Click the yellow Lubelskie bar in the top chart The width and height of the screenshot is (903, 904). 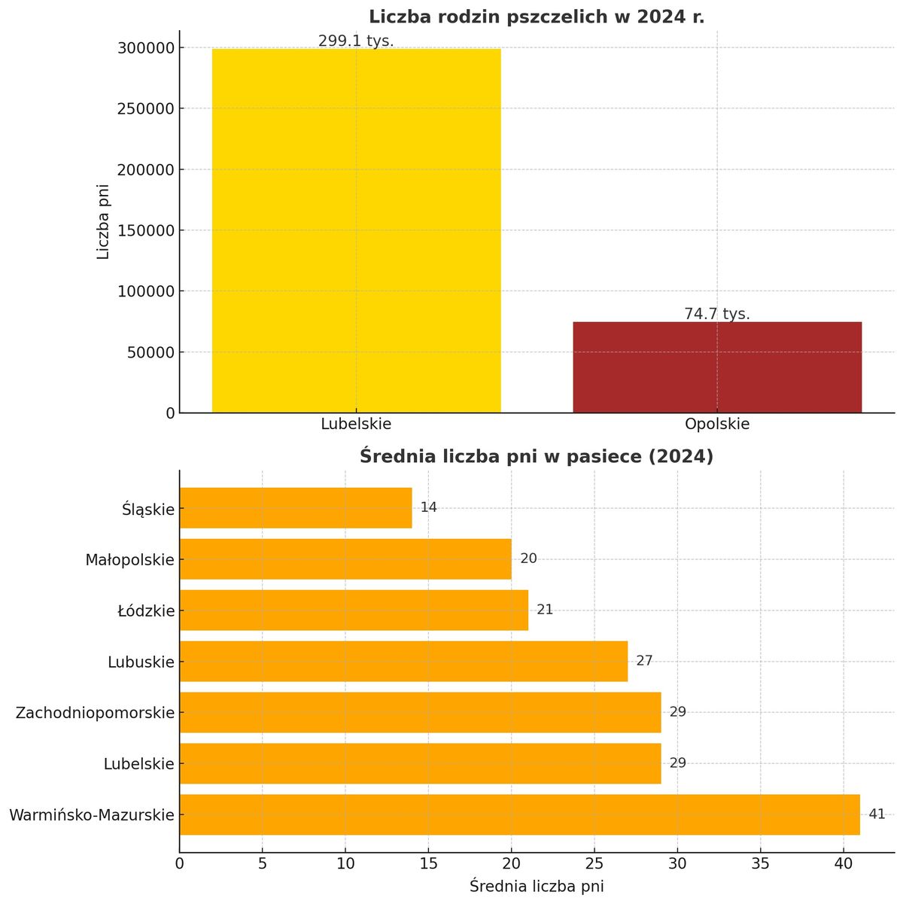point(356,230)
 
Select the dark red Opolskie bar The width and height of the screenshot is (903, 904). point(716,367)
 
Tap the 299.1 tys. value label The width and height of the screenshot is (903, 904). point(356,41)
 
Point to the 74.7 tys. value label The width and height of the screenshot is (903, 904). point(716,314)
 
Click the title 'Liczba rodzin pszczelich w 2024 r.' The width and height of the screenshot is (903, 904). point(537,17)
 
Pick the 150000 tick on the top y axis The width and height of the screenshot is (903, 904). point(147,230)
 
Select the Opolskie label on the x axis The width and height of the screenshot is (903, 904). point(716,424)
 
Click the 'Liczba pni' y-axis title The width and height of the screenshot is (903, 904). point(103,222)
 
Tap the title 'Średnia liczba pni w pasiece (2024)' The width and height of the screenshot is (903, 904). point(537,456)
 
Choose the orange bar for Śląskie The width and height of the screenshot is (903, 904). point(296,508)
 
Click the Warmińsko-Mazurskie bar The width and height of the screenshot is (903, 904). point(519,814)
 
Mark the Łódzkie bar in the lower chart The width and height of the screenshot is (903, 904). point(354,610)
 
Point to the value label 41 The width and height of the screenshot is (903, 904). point(877,814)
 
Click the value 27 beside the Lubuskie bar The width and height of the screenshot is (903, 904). point(644,661)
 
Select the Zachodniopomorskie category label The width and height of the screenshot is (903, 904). point(95,713)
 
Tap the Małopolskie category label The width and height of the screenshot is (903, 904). point(129,560)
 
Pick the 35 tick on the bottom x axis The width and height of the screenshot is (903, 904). point(760,863)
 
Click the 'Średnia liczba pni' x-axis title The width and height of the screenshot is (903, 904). point(537,886)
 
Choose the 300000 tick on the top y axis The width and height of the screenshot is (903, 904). point(147,48)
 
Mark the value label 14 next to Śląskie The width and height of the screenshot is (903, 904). point(428,508)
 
